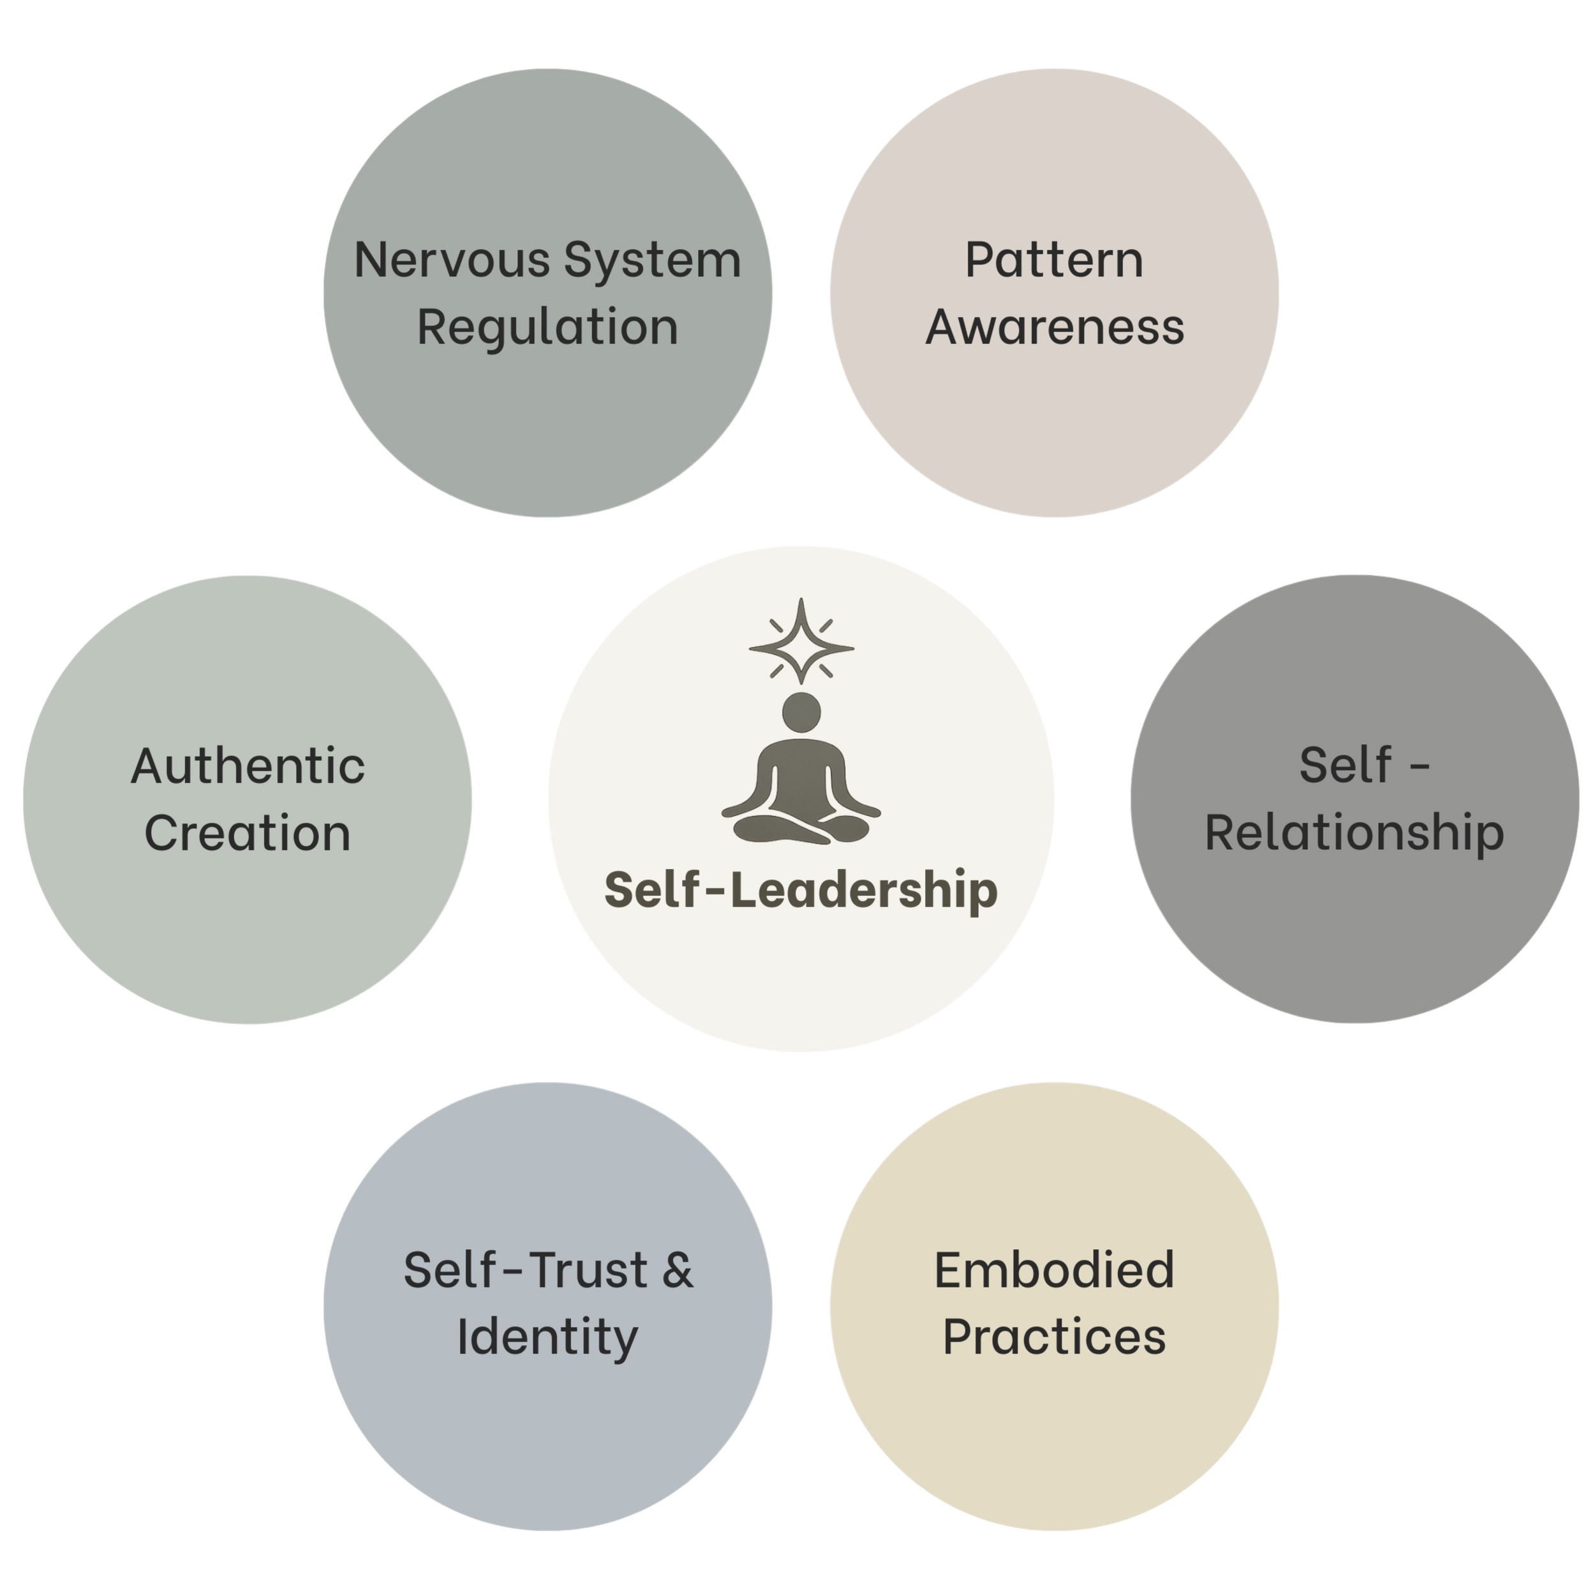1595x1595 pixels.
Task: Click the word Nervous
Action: point(452,260)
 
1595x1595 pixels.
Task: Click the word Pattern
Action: point(1054,261)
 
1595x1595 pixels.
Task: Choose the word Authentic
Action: point(248,766)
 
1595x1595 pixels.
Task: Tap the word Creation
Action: point(248,833)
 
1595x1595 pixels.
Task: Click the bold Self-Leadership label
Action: point(801,891)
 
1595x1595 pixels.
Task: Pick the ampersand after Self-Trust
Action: point(677,1270)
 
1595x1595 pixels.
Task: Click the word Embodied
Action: point(1054,1270)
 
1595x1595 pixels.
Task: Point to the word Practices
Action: point(1054,1337)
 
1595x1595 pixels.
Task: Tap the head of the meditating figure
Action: point(801,711)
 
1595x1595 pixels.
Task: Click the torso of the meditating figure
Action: point(801,772)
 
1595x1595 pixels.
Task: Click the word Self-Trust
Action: point(524,1270)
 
